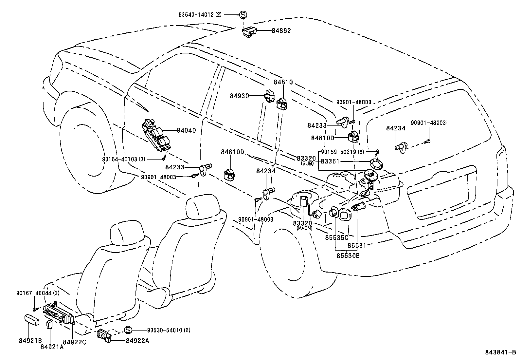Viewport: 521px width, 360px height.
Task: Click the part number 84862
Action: pyautogui.click(x=281, y=31)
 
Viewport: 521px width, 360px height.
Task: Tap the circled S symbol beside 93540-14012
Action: pyautogui.click(x=243, y=14)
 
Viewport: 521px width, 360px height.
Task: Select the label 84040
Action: pyautogui.click(x=186, y=130)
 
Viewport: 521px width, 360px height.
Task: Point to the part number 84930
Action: pyautogui.click(x=239, y=96)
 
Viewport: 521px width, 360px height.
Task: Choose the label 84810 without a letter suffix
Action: pyautogui.click(x=283, y=82)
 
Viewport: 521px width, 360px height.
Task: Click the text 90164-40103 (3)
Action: pyautogui.click(x=123, y=159)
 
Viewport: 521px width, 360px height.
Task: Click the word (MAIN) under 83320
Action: pyautogui.click(x=304, y=228)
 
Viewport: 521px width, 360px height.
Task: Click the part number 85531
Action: pyautogui.click(x=357, y=245)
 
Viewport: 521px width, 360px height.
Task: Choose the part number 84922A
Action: pyautogui.click(x=137, y=341)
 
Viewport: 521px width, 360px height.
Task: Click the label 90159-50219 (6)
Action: pyautogui.click(x=342, y=152)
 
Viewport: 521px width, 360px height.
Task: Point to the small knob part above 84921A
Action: pyautogui.click(x=50, y=325)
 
